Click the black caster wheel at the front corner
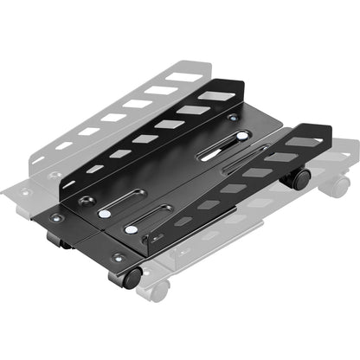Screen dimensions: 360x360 pos(132,278)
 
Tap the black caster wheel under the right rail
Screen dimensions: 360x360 pos(299,179)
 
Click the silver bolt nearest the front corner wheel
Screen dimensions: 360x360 pos(132,231)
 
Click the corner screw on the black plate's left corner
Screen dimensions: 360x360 pos(55,218)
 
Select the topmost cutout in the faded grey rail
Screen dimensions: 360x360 pos(180,77)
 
